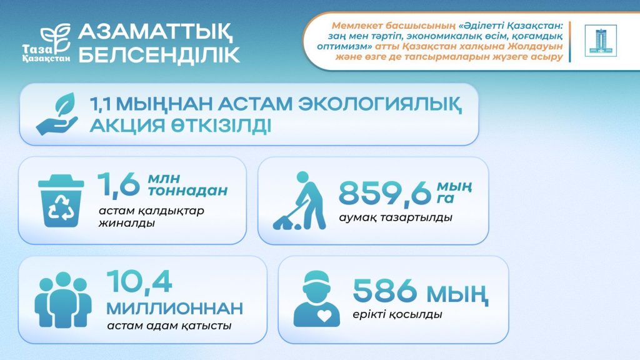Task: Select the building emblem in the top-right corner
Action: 600,41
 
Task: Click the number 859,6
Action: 385,194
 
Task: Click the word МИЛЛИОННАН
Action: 174,308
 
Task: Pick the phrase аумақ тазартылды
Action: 395,218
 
